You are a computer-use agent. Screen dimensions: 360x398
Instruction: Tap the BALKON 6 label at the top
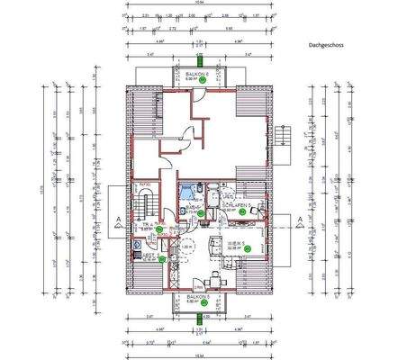[x=198, y=75]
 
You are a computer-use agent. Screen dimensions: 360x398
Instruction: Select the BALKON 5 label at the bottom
[x=198, y=295]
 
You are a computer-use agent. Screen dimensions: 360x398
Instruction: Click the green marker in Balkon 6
[x=204, y=81]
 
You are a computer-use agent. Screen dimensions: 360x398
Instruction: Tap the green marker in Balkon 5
[x=204, y=303]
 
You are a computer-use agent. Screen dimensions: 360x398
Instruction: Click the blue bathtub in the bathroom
[x=185, y=191]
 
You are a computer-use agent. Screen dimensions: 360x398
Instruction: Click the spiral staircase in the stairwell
[x=144, y=197]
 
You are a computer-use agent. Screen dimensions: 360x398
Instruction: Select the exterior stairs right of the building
[x=287, y=139]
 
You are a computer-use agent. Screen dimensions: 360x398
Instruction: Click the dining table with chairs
[x=213, y=275]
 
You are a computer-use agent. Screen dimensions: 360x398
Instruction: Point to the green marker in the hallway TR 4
[x=159, y=229]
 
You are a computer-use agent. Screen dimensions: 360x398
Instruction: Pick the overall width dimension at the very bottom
[x=198, y=355]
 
